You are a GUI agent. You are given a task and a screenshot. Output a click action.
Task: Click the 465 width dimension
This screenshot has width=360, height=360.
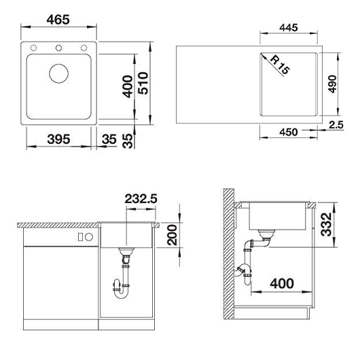(x=58, y=20)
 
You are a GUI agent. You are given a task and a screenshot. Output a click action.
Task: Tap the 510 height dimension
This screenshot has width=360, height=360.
(x=143, y=83)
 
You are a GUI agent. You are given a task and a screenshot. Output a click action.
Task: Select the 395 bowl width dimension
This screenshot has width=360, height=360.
(x=58, y=139)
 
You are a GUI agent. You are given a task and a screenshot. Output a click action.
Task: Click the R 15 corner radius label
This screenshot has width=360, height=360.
(x=280, y=65)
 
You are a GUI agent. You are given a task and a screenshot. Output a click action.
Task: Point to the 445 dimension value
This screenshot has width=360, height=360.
(x=289, y=28)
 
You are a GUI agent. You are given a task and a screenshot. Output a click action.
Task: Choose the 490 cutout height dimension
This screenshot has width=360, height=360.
(x=332, y=84)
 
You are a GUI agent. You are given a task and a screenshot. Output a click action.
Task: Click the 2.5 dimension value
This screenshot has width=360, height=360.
(x=336, y=125)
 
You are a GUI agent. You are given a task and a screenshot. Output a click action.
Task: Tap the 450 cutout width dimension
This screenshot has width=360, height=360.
(x=289, y=132)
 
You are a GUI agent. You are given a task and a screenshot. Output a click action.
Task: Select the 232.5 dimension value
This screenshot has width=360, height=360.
(x=141, y=199)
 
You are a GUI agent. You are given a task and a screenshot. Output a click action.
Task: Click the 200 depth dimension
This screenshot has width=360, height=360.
(x=173, y=235)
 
